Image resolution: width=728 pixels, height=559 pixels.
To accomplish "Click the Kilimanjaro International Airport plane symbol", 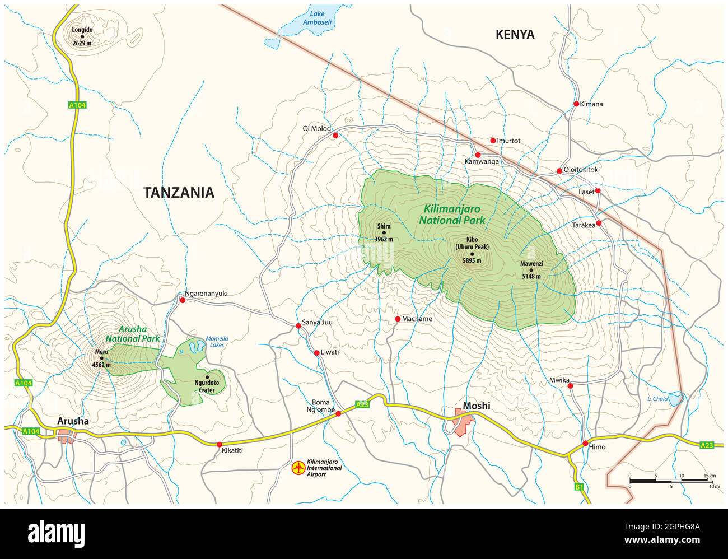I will pos(299,467).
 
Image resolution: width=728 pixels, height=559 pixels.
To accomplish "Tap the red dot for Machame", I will pos(398,319).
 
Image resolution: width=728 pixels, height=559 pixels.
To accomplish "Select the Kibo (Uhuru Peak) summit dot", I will pos(472,254).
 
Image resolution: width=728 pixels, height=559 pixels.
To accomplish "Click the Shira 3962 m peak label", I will pos(384,233).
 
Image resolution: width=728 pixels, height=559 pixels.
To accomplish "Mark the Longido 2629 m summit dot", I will pos(82,36).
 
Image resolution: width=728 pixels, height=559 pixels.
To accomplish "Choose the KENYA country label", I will pos(515,35).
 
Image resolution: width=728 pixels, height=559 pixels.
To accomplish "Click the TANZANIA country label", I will pos(179,193).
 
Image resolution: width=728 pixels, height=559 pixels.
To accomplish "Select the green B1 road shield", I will pos(578,487).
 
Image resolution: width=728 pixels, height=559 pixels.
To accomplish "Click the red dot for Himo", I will pos(585,444).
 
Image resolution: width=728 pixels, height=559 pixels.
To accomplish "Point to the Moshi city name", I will pos(476,406).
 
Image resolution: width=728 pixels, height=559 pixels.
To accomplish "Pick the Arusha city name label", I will pos(73,421).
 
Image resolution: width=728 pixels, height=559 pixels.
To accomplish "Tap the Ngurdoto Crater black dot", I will pos(207,377).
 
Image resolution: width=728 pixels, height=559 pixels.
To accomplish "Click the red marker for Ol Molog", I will pos(335,136).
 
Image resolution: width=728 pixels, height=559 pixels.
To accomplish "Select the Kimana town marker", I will pos(576,104).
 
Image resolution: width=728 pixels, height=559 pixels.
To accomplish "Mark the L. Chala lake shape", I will pos(676,399).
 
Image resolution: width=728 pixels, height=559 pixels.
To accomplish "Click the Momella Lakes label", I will pos(217,342).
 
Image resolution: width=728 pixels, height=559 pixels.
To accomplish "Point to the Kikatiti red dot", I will pos(219,444).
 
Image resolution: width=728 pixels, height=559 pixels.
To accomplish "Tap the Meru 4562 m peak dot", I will pos(102,358).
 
